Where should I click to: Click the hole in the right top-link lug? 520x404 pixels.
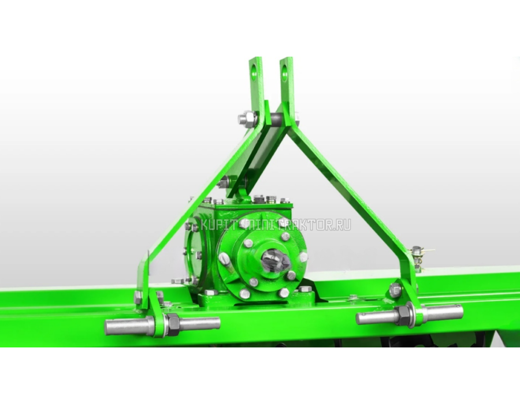point(285,70)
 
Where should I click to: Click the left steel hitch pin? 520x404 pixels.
point(162,325)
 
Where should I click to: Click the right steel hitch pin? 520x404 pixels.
point(409,315)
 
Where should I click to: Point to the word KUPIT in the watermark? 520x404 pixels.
point(218,225)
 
